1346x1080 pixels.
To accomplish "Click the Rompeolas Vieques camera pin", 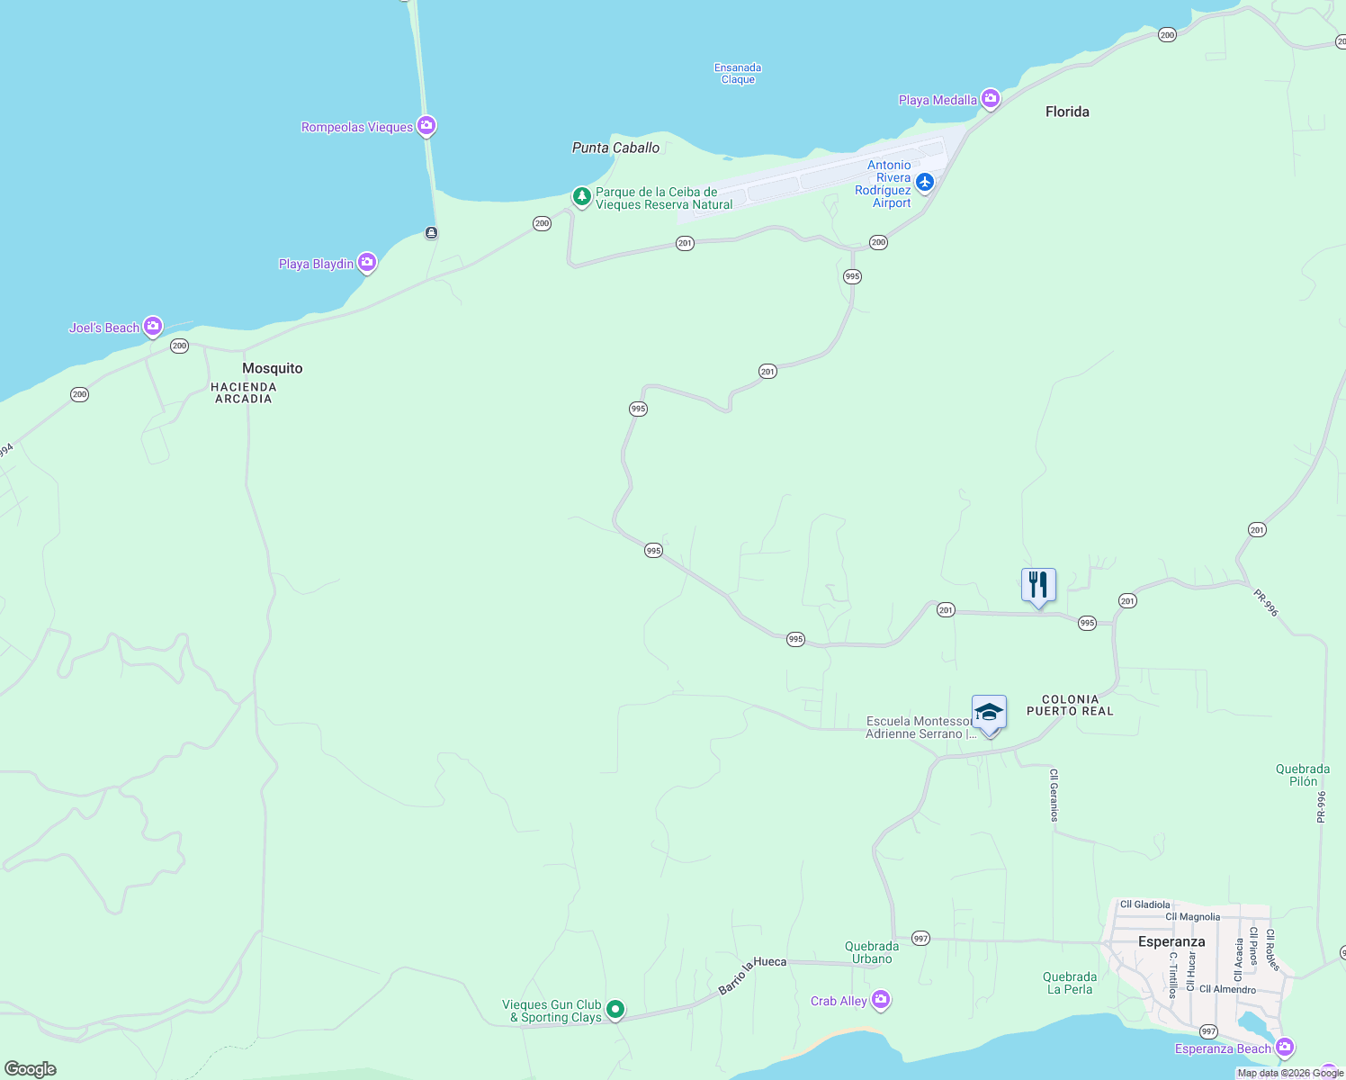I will pyautogui.click(x=427, y=126).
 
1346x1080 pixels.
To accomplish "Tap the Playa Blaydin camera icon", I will pyautogui.click(x=366, y=263).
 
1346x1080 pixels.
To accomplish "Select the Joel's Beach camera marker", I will pyautogui.click(x=154, y=326).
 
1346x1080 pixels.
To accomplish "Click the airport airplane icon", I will pyautogui.click(x=924, y=183).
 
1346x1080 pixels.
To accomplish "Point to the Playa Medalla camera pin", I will pyautogui.click(x=991, y=98).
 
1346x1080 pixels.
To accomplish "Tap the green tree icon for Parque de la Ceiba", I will pyautogui.click(x=582, y=196).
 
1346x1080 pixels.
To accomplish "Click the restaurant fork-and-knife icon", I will pyautogui.click(x=1038, y=585).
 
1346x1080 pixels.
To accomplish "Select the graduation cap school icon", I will pyautogui.click(x=989, y=713).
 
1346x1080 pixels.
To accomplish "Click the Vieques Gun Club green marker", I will pyautogui.click(x=615, y=1010).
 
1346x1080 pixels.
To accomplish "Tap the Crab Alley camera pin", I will pyautogui.click(x=881, y=1000).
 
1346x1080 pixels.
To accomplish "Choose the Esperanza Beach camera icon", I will pyautogui.click(x=1285, y=1047).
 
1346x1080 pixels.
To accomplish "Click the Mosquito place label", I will pyautogui.click(x=273, y=368).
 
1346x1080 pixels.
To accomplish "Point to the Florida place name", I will pyautogui.click(x=1067, y=112).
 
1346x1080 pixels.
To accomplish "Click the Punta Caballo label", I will pyautogui.click(x=616, y=148).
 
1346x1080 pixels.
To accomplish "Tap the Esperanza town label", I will pyautogui.click(x=1171, y=941).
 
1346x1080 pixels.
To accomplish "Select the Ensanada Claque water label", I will pyautogui.click(x=738, y=74).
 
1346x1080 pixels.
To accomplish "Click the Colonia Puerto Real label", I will pyautogui.click(x=1070, y=705).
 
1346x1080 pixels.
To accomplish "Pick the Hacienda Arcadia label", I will pyautogui.click(x=243, y=392).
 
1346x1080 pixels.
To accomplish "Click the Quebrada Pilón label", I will pyautogui.click(x=1302, y=775).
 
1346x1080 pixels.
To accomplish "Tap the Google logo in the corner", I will pyautogui.click(x=30, y=1068).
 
